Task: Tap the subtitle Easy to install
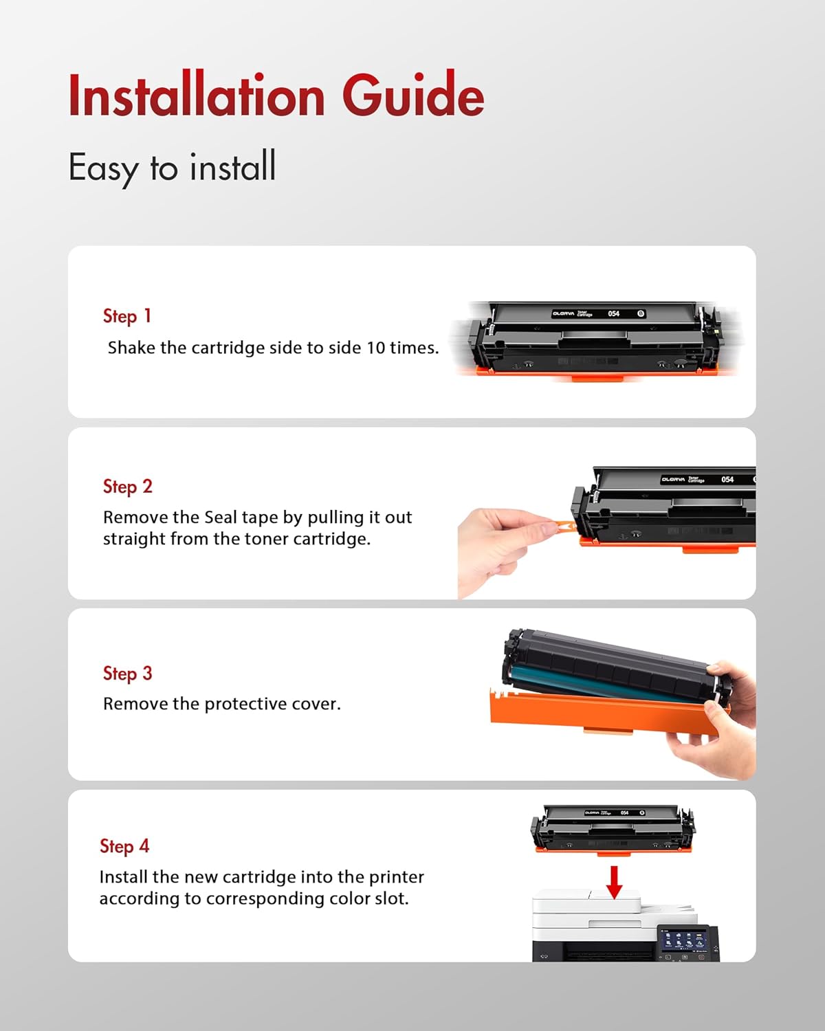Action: [172, 167]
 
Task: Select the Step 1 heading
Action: [126, 316]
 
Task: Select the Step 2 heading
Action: [127, 487]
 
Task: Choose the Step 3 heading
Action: [127, 674]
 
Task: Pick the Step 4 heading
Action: [124, 846]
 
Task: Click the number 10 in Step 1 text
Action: [375, 348]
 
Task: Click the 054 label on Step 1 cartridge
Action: [613, 313]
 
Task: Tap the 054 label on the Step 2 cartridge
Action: [727, 479]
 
